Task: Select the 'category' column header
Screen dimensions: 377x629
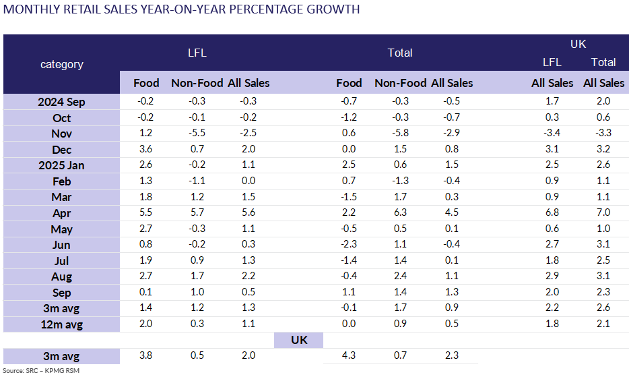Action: pyautogui.click(x=62, y=64)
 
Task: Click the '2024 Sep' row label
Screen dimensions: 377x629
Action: pyautogui.click(x=62, y=102)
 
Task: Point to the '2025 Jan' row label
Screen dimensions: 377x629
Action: pyautogui.click(x=62, y=165)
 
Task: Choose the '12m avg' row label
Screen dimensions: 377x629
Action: pyautogui.click(x=62, y=324)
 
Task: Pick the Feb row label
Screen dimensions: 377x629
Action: pyautogui.click(x=62, y=181)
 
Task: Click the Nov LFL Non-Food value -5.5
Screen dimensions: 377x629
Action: pyautogui.click(x=197, y=134)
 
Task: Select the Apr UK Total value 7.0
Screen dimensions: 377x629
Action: pyautogui.click(x=603, y=213)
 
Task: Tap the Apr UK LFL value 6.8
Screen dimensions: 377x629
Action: pyautogui.click(x=552, y=213)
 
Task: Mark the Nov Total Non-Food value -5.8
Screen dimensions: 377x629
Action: pyautogui.click(x=400, y=134)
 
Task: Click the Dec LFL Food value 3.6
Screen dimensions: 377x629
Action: pyautogui.click(x=146, y=150)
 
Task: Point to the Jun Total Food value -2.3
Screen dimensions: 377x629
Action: pyautogui.click(x=348, y=245)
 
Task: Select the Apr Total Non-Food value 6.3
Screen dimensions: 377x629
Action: pyautogui.click(x=400, y=213)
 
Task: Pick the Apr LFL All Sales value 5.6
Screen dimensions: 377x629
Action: pyautogui.click(x=249, y=213)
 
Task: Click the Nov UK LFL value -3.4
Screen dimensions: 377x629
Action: pyautogui.click(x=552, y=134)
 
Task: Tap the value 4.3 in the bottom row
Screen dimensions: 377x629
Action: pyautogui.click(x=348, y=356)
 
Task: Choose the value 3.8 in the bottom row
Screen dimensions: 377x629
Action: pyautogui.click(x=146, y=356)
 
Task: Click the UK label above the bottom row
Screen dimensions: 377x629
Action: pyautogui.click(x=298, y=340)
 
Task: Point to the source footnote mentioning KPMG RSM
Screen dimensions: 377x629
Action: pyautogui.click(x=35, y=370)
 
